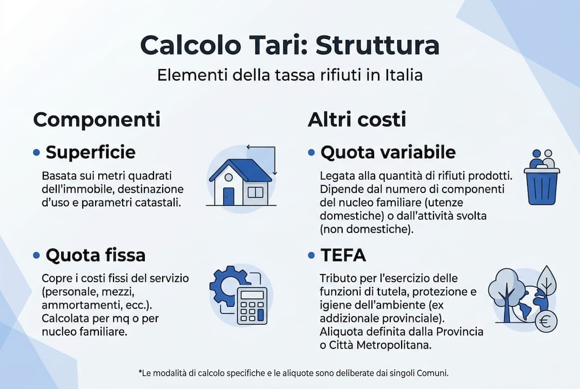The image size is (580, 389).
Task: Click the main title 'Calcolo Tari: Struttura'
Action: click(x=289, y=45)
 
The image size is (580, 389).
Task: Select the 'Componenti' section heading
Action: click(x=97, y=119)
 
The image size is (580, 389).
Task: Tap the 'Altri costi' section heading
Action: click(x=357, y=119)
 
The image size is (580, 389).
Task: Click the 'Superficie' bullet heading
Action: click(x=90, y=153)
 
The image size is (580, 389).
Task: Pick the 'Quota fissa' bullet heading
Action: click(x=95, y=254)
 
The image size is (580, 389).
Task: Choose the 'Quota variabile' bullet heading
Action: click(x=388, y=153)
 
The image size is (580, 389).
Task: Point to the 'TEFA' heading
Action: click(x=343, y=254)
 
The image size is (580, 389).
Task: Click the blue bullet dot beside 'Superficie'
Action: click(x=37, y=153)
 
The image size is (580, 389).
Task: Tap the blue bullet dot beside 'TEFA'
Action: click(x=311, y=254)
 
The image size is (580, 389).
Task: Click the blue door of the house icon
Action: click(x=229, y=196)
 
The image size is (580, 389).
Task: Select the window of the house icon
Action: click(x=255, y=192)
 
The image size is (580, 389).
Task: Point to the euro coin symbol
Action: click(x=546, y=323)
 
